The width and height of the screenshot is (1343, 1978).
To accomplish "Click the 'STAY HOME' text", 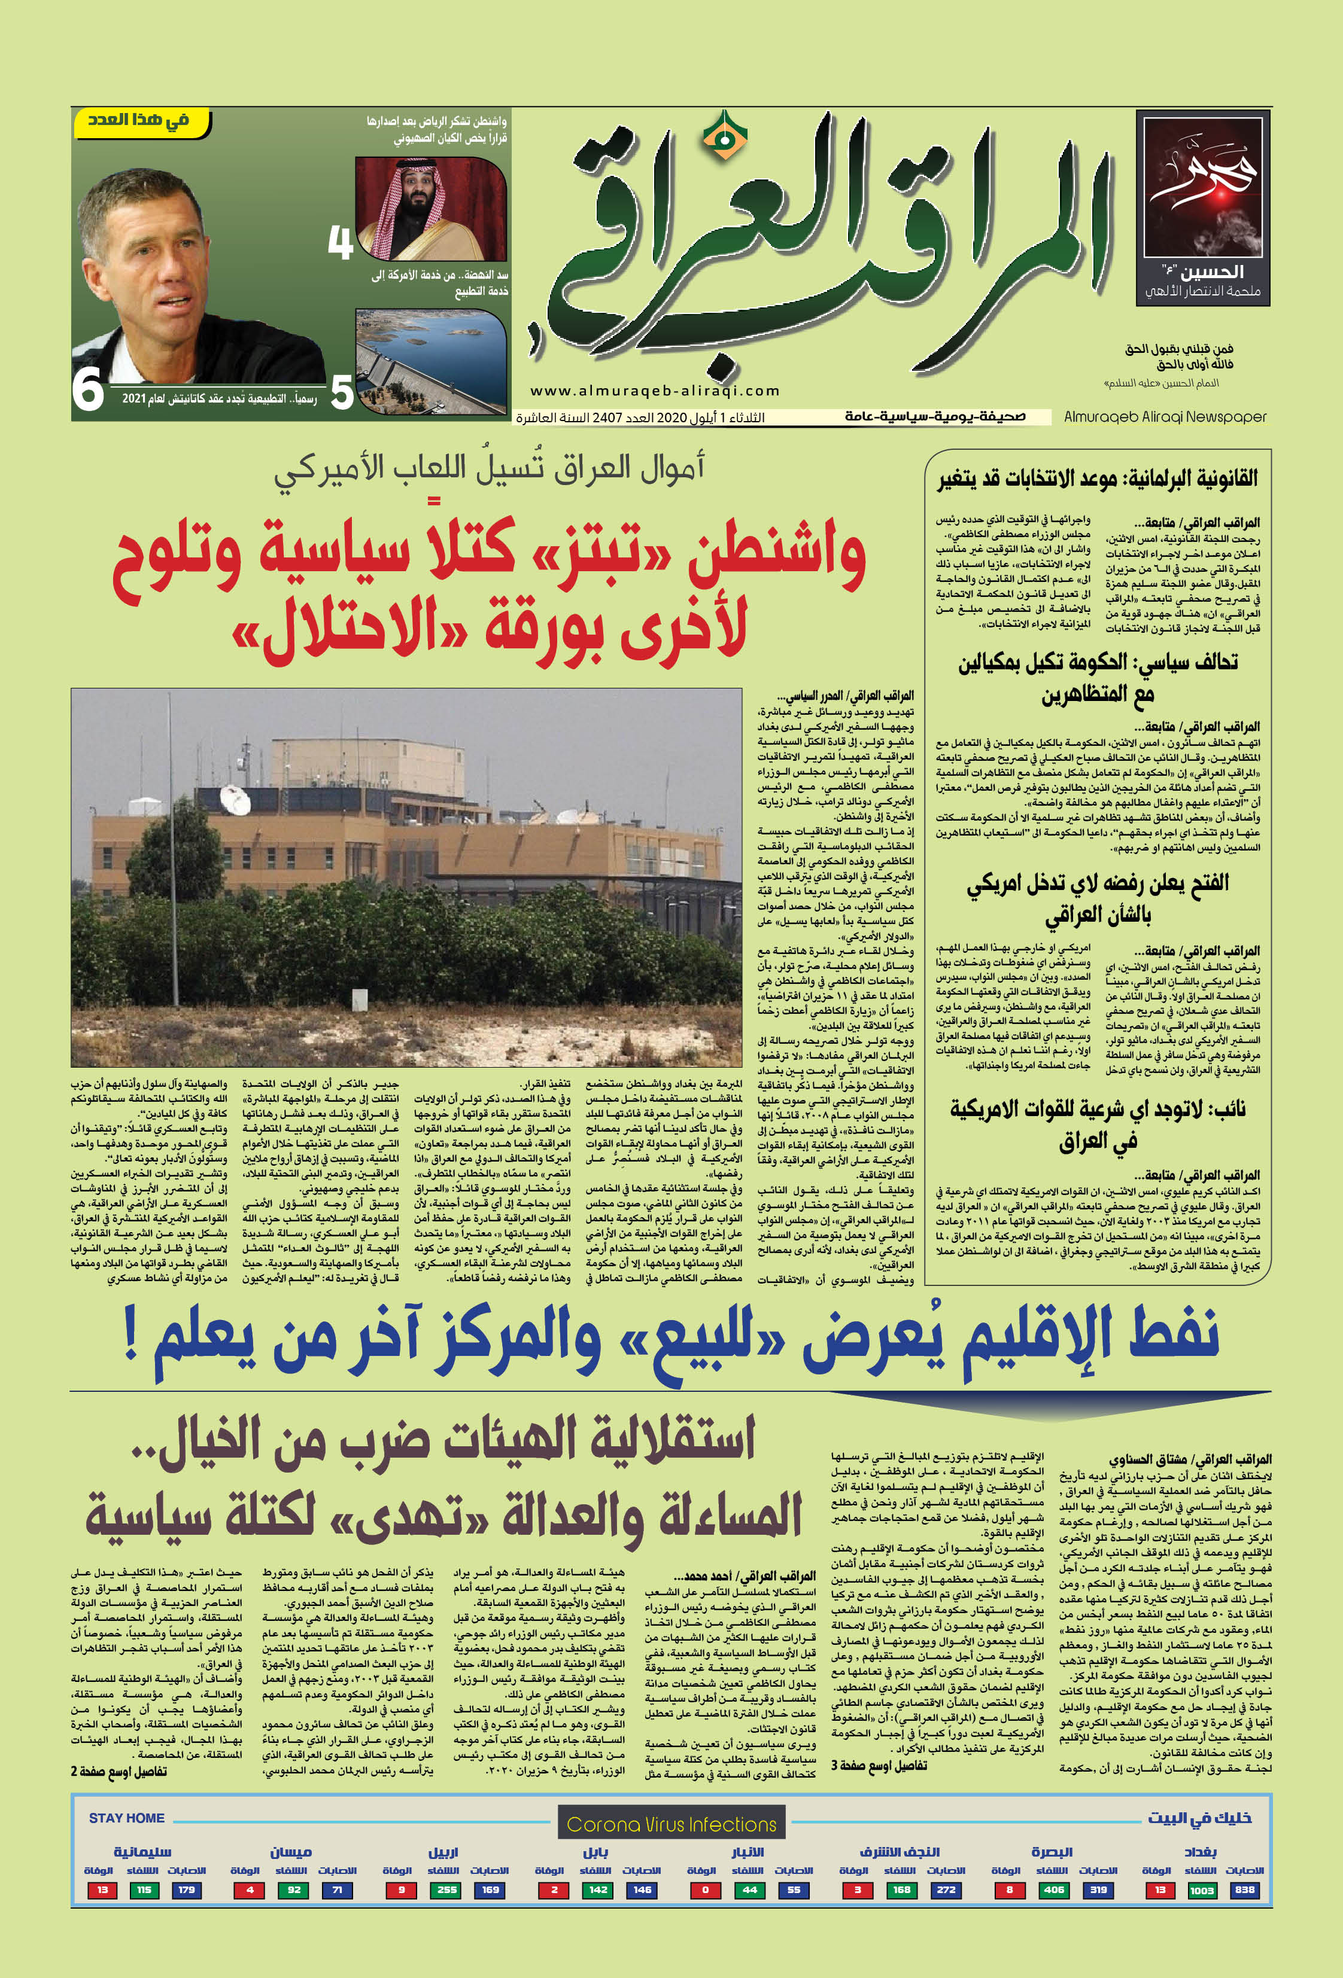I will coord(127,1818).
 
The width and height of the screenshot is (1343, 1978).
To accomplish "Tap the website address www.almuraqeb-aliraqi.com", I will coord(655,391).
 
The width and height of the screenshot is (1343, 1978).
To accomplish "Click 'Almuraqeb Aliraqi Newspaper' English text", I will coord(1165,417).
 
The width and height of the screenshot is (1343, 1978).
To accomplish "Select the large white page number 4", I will coord(341,243).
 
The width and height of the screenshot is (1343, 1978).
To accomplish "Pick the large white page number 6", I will coord(88,390).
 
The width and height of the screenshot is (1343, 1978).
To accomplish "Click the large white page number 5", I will coord(342,393).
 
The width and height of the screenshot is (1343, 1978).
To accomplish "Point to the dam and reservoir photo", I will coord(431,361).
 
